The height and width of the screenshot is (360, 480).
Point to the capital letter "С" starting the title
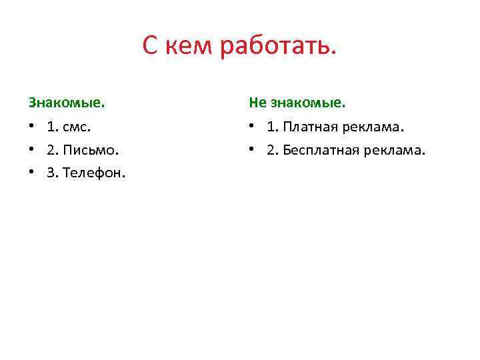[151, 47]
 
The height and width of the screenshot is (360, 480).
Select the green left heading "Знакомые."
[67, 103]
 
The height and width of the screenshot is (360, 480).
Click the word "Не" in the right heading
[257, 103]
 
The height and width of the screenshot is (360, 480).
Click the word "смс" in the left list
[75, 127]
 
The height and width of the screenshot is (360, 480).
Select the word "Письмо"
[86, 150]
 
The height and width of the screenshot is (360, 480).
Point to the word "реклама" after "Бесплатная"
[394, 150]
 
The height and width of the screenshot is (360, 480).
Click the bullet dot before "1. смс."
[31, 127]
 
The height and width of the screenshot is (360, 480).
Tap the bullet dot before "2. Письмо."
[31, 150]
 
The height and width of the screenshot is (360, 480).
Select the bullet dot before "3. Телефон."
[31, 173]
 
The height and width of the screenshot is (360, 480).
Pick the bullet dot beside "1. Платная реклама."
[252, 127]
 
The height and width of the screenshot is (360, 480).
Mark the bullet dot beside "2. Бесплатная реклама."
[252, 150]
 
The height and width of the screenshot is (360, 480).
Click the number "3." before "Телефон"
[52, 173]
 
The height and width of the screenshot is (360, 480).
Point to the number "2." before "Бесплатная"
[273, 150]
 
